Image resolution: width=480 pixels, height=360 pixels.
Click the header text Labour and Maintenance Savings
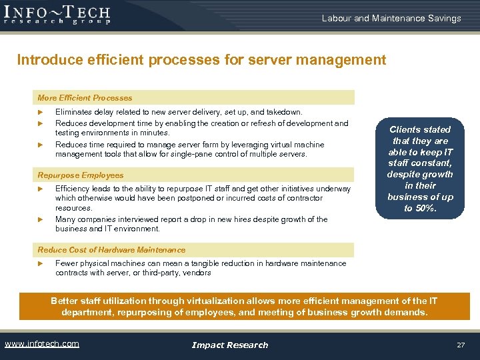(x=391, y=19)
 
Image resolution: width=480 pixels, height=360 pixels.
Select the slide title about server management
(x=201, y=60)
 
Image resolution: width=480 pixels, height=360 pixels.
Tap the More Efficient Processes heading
(x=85, y=98)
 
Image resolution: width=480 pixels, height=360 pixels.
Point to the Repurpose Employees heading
(x=81, y=175)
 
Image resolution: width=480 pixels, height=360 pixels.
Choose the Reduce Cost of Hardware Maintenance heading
(x=111, y=250)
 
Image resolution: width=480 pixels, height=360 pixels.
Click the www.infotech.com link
(x=41, y=344)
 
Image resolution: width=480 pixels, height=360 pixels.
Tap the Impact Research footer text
(x=229, y=345)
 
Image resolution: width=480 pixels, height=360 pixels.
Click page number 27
(x=460, y=345)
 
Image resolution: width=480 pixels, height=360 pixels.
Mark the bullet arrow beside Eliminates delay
(x=41, y=113)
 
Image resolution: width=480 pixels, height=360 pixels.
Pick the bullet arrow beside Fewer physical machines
(x=41, y=263)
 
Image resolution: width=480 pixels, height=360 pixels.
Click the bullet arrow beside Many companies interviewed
(x=41, y=219)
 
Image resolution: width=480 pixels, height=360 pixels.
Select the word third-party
(x=187, y=273)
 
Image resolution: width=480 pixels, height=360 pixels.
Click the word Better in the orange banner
(x=64, y=301)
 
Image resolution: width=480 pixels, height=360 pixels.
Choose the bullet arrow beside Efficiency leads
(x=41, y=189)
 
